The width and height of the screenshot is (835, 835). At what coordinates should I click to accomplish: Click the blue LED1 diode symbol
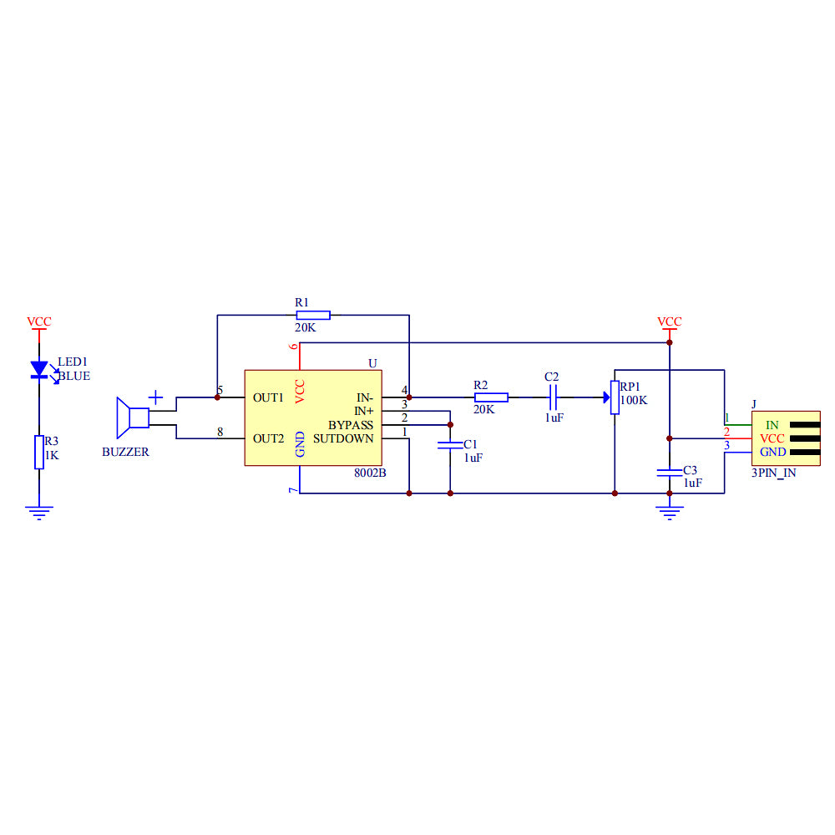pos(38,368)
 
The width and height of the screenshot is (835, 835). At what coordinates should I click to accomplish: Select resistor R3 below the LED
pos(38,452)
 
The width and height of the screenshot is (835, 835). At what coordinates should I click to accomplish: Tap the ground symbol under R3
pos(38,512)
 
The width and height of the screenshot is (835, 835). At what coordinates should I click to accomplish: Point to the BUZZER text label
pos(125,452)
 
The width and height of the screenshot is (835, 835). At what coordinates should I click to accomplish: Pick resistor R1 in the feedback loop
pos(313,315)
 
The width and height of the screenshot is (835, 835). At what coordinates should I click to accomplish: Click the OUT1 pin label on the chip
pos(269,397)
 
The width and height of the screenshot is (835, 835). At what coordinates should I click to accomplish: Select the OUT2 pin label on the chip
pos(269,438)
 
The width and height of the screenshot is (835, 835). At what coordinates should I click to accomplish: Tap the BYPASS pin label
pos(350,425)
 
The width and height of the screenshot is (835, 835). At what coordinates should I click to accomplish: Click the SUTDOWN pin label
pos(343,438)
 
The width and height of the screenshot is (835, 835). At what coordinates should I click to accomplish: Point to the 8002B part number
pos(370,473)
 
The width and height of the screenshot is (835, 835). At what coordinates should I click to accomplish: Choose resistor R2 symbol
pos(491,397)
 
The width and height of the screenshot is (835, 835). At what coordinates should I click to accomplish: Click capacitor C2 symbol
pos(552,397)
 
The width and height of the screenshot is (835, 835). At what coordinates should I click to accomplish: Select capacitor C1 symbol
pos(450,445)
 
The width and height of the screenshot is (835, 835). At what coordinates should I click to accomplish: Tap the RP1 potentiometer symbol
pos(615,397)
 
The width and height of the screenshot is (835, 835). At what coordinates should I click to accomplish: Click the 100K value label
pos(634,401)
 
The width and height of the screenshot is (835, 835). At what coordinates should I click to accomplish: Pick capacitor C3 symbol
pos(669,473)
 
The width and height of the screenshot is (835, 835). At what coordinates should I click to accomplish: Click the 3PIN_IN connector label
pos(772,473)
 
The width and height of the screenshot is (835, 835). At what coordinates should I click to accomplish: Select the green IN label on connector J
pos(772,425)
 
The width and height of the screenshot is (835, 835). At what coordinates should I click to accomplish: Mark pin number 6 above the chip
pos(293,347)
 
